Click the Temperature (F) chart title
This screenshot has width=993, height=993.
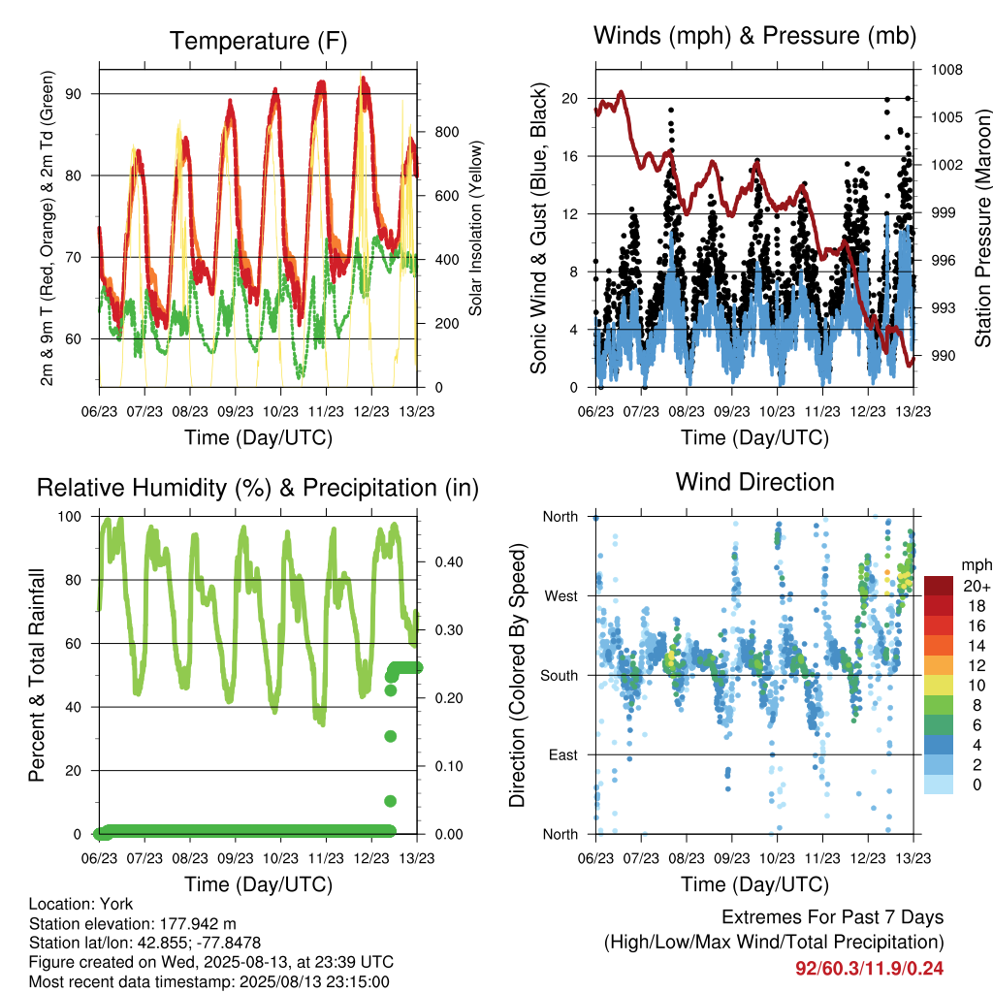(x=258, y=41)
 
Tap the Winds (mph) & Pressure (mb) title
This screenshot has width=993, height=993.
(x=754, y=36)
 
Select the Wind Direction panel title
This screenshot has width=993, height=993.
(x=754, y=482)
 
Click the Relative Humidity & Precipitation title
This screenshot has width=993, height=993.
(x=258, y=489)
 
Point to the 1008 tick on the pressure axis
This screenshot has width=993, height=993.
(x=946, y=70)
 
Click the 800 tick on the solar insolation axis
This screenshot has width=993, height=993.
(x=447, y=132)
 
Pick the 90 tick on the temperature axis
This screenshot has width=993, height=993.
(x=74, y=94)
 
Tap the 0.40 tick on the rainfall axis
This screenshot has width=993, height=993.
(x=448, y=562)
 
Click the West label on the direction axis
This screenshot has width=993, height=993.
(x=561, y=596)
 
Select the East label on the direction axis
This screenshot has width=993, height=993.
(x=563, y=755)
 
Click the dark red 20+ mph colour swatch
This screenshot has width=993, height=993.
(x=939, y=586)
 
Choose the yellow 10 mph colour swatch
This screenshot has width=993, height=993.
(x=939, y=686)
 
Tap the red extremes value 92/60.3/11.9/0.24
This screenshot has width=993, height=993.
(x=870, y=969)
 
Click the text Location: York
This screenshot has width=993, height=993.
(x=81, y=905)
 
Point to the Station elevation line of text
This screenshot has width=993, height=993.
(x=132, y=924)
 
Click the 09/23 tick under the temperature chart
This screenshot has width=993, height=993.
(x=236, y=412)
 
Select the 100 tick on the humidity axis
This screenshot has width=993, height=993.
(x=70, y=517)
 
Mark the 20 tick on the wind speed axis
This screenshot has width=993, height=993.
(x=570, y=99)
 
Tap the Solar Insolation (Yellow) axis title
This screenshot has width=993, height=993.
(x=475, y=228)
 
